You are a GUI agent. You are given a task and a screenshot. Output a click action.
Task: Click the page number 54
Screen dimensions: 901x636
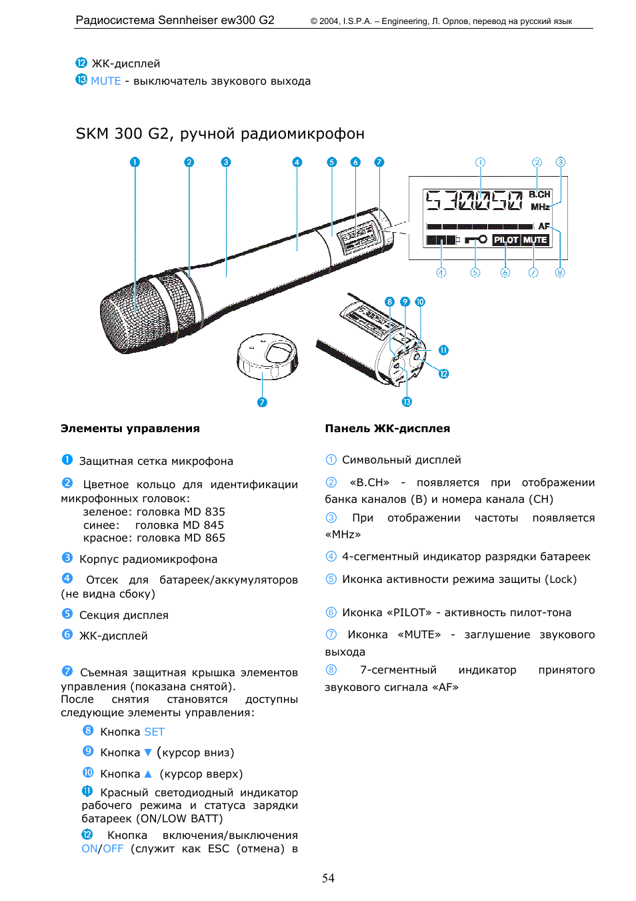pyautogui.click(x=328, y=878)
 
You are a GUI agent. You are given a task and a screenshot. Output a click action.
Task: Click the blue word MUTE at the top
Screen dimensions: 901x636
pyautogui.click(x=105, y=81)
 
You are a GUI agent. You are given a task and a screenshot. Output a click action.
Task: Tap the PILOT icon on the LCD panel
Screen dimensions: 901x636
pyautogui.click(x=505, y=239)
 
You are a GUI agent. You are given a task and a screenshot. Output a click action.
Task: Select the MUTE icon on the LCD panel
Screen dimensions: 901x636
pyautogui.click(x=535, y=239)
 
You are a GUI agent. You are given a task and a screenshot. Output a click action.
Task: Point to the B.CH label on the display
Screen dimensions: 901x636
pyautogui.click(x=539, y=194)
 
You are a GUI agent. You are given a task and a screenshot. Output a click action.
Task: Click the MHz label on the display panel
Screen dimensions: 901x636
pyautogui.click(x=540, y=207)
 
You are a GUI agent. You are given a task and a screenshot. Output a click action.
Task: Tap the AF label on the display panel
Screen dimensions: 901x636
pyautogui.click(x=544, y=226)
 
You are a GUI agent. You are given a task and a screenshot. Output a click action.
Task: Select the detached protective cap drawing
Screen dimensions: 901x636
pyautogui.click(x=267, y=356)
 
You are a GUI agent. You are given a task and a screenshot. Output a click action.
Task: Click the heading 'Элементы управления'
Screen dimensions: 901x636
pyautogui.click(x=130, y=428)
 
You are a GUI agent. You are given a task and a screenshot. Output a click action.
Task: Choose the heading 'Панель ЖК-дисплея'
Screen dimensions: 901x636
pyautogui.click(x=387, y=428)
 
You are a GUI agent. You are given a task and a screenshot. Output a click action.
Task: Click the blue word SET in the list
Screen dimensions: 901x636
pyautogui.click(x=154, y=732)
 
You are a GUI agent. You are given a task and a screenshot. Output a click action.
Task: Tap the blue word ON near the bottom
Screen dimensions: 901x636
pyautogui.click(x=89, y=848)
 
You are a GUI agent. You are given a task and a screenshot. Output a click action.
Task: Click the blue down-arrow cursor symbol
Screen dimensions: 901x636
pyautogui.click(x=148, y=752)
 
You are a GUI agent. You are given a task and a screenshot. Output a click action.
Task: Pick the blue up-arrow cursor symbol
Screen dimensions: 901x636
pyautogui.click(x=148, y=774)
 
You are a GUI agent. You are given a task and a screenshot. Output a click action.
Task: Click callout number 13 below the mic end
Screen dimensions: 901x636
pyautogui.click(x=407, y=401)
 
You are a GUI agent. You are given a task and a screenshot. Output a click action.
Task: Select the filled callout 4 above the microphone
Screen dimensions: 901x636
pyautogui.click(x=297, y=162)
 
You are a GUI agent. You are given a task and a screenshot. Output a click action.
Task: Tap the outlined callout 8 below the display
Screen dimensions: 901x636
pyautogui.click(x=560, y=272)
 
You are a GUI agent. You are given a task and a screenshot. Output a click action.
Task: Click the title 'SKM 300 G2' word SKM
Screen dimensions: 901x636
pyautogui.click(x=91, y=133)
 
